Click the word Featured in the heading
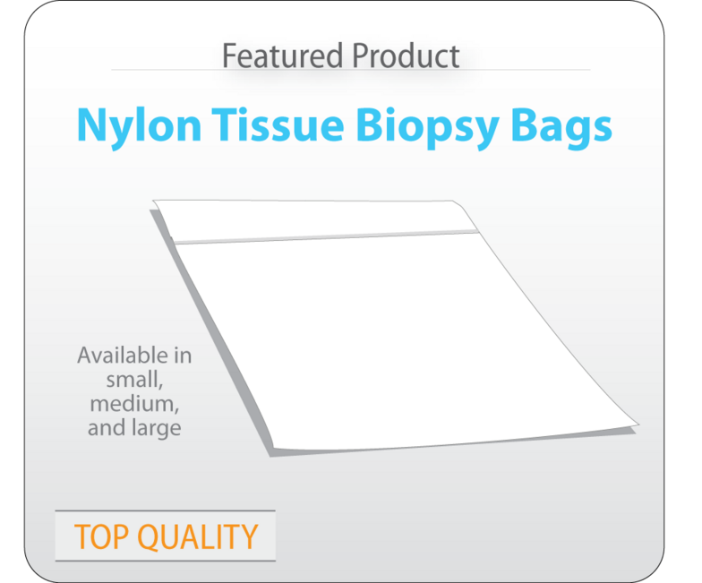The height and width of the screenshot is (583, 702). pyautogui.click(x=283, y=56)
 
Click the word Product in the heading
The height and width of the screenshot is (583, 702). pyautogui.click(x=406, y=56)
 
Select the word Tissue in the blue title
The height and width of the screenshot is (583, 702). pyautogui.click(x=278, y=124)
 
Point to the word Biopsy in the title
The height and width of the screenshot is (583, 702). pyautogui.click(x=428, y=127)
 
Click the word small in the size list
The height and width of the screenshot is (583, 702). pyautogui.click(x=134, y=380)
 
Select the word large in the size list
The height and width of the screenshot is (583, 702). pyautogui.click(x=157, y=428)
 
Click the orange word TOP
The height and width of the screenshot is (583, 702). pyautogui.click(x=102, y=536)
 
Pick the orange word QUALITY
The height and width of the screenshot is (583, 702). pyautogui.click(x=197, y=536)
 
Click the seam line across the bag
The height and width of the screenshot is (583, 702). pyautogui.click(x=326, y=237)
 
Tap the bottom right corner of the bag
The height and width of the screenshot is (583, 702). pyautogui.click(x=638, y=424)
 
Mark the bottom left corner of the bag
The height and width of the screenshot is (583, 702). pyautogui.click(x=273, y=448)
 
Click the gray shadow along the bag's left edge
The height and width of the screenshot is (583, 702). pyautogui.click(x=211, y=333)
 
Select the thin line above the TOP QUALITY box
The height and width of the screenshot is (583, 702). pyautogui.click(x=165, y=510)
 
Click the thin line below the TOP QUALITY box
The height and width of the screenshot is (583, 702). pyautogui.click(x=165, y=561)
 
